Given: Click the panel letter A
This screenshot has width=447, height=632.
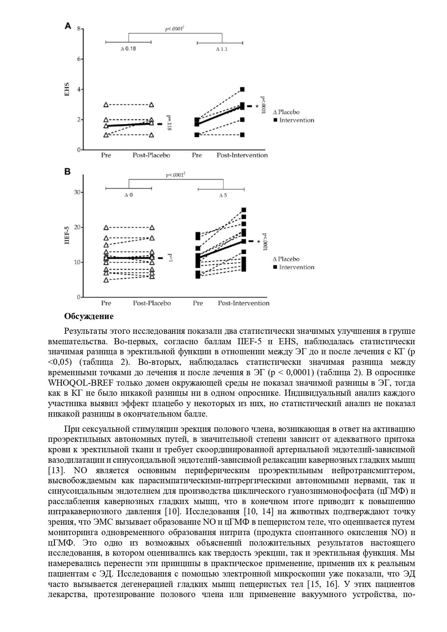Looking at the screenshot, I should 68,26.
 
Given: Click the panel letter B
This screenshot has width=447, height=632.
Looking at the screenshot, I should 67,172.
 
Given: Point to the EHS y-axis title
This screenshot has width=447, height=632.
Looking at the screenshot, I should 67,89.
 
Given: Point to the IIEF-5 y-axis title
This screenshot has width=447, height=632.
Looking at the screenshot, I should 67,236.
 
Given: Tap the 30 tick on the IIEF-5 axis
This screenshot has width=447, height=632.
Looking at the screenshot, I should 77,192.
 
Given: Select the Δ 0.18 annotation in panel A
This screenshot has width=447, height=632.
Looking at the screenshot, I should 128,49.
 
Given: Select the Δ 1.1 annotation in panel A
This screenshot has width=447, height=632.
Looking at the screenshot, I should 222,49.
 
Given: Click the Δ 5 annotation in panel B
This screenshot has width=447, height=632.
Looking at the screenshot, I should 223,196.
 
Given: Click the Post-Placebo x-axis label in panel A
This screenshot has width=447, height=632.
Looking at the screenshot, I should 151,155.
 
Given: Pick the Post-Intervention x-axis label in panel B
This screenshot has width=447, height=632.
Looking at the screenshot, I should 243,303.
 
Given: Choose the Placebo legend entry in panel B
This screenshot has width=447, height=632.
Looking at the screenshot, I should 286,259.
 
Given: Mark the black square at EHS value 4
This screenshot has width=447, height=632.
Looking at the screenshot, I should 242,89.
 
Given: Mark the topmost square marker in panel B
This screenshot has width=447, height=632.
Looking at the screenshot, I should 244,210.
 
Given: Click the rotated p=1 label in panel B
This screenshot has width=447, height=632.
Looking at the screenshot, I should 171,258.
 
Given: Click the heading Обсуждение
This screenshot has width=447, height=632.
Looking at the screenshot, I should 89,316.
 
